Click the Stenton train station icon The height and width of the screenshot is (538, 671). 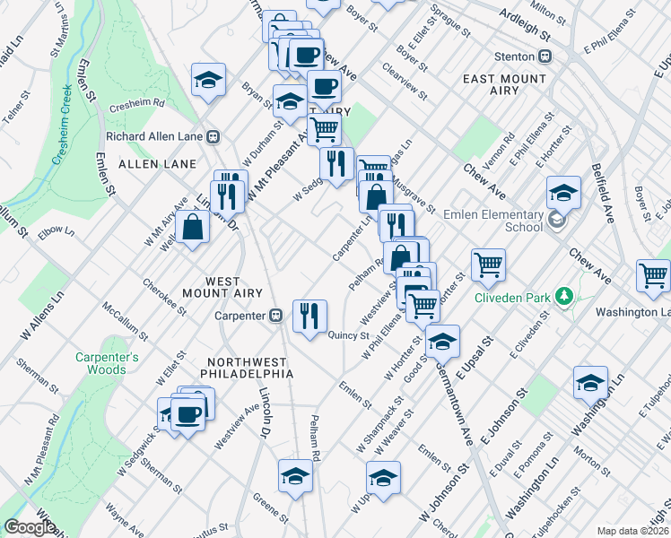coord(545,56)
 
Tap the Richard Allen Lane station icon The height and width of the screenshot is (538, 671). coord(213,136)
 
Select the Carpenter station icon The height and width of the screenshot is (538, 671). coord(276,316)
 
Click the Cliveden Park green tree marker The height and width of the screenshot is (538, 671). coord(563,296)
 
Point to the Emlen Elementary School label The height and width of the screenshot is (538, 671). coord(492,221)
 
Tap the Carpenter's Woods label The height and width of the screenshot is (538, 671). coord(107,363)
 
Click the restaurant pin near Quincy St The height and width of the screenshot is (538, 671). coord(309,316)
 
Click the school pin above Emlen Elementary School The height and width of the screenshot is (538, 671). coord(564,192)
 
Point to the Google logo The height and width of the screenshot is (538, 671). coord(29,527)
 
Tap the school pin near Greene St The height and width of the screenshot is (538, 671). coord(295,475)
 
